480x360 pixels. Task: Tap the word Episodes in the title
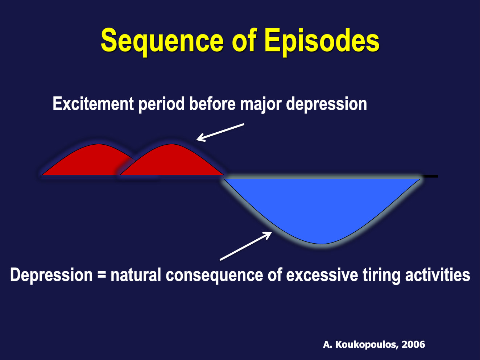click(x=322, y=41)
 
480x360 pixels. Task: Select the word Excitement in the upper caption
click(x=93, y=104)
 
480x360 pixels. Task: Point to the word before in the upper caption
click(x=212, y=104)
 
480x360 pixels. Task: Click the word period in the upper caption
click(x=162, y=105)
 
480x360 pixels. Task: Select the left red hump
click(x=87, y=160)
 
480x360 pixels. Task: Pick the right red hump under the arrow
click(x=172, y=160)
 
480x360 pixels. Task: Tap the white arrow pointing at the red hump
click(x=220, y=132)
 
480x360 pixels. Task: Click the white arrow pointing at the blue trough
click(x=246, y=246)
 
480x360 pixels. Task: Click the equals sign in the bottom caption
click(x=102, y=275)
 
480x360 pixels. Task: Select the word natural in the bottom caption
click(x=136, y=275)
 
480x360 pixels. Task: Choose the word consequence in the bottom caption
click(x=214, y=276)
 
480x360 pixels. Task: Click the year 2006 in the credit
click(x=414, y=344)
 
